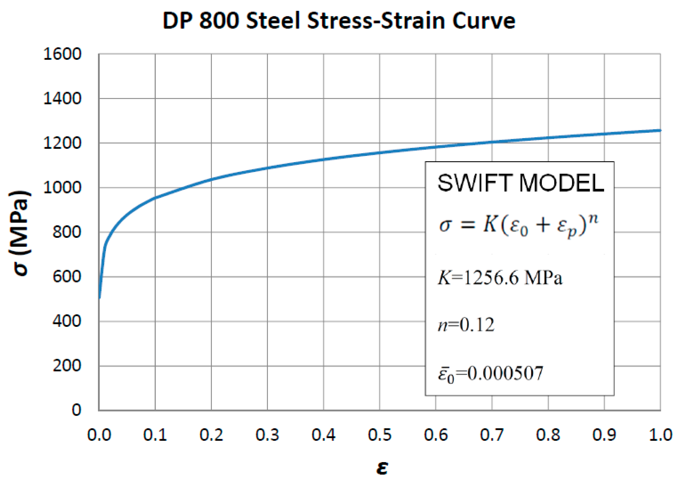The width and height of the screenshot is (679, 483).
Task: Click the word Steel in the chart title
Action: pos(273,21)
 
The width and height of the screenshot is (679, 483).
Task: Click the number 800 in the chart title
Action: pos(219,21)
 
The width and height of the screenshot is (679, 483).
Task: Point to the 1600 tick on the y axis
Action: pos(62,54)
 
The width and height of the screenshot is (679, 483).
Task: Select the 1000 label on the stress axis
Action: pos(62,188)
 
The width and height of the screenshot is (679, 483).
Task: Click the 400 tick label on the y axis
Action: pos(67,321)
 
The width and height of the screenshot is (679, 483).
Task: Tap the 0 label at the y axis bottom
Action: pos(76,410)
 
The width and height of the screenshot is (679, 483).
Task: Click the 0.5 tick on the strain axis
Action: pos(380,435)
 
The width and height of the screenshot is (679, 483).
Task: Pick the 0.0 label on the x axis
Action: pos(99,435)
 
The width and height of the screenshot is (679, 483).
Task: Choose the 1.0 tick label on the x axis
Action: pos(660,435)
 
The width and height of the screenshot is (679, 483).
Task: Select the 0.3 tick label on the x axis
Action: pos(267,435)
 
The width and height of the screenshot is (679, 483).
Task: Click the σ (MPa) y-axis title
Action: pos(20,233)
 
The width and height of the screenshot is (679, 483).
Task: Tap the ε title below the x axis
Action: pos(382,467)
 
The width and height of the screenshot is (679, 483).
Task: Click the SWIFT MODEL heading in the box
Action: pos(520,183)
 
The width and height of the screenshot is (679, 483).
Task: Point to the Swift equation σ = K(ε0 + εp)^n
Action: pos(518,225)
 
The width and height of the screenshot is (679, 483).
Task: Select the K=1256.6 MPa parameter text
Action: pos(500,278)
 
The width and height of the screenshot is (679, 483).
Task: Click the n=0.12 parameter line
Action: pos(466,325)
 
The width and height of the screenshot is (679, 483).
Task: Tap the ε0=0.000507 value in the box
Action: pos(490,373)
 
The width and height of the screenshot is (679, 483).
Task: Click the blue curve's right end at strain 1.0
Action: pos(659,131)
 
